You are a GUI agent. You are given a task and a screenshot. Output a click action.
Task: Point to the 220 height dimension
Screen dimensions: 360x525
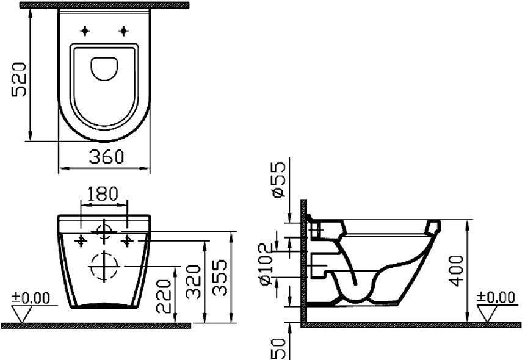tap(164, 296)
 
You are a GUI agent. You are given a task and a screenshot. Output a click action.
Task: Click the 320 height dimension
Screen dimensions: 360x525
tap(195, 281)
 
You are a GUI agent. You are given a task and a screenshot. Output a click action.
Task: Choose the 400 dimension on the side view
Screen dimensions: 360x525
tap(455, 270)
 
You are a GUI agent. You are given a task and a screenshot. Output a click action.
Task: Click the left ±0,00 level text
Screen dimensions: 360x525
tap(31, 298)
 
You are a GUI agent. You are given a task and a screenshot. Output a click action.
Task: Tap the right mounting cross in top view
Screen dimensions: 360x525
tap(125, 30)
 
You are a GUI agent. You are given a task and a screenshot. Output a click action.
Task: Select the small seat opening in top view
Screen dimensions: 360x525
tap(105, 68)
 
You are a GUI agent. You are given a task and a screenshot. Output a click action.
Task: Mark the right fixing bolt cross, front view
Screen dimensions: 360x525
tap(127, 240)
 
